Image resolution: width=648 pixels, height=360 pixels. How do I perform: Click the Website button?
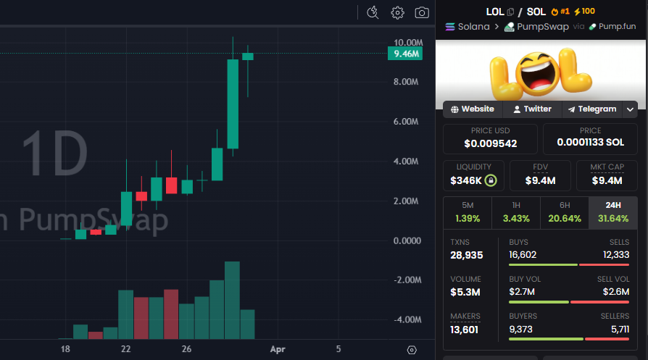coord(473,109)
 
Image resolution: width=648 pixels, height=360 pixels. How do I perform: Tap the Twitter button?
coord(532,109)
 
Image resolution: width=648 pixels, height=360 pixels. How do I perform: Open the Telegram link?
coord(592,109)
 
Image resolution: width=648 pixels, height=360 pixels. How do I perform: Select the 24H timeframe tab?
coord(612,212)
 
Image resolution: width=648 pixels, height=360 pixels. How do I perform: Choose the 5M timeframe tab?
coord(467,212)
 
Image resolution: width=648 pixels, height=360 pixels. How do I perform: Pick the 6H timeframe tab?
coord(564,212)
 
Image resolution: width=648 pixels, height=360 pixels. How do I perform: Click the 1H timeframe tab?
coord(515,212)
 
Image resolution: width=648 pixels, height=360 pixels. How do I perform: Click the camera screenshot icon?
coord(421,12)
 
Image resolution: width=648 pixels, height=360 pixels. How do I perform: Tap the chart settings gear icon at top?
coord(397,12)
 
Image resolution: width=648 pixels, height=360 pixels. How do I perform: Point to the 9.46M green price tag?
coord(404,54)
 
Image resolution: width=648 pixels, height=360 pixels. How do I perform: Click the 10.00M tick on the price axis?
coord(404,43)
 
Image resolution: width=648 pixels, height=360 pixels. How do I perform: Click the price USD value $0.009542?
coord(490,143)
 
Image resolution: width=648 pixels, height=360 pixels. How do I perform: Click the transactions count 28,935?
coord(467,255)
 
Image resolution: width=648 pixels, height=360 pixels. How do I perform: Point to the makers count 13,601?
coord(465,330)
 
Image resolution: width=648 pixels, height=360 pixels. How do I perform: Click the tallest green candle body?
coord(233,103)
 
